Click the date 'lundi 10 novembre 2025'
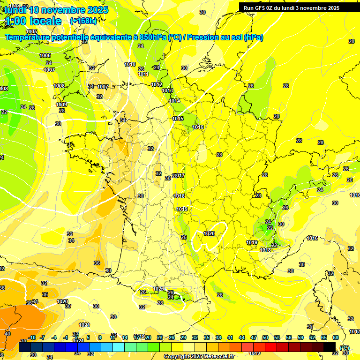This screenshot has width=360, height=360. click(x=56, y=10)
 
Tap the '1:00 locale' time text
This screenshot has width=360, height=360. click(x=33, y=21)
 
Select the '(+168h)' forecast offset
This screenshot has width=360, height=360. click(x=83, y=21)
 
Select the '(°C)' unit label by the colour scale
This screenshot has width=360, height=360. click(x=345, y=348)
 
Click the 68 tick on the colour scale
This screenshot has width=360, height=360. click(x=336, y=337)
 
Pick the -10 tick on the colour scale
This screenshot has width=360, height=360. click(x=32, y=337)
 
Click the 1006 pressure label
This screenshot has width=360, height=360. click(x=45, y=55)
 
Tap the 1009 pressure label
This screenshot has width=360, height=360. click(x=61, y=105)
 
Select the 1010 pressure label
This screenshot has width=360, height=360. click(x=130, y=64)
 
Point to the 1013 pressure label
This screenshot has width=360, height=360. click(x=167, y=90)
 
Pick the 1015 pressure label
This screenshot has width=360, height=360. click(x=178, y=119)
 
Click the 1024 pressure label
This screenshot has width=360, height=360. click(x=84, y=325)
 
